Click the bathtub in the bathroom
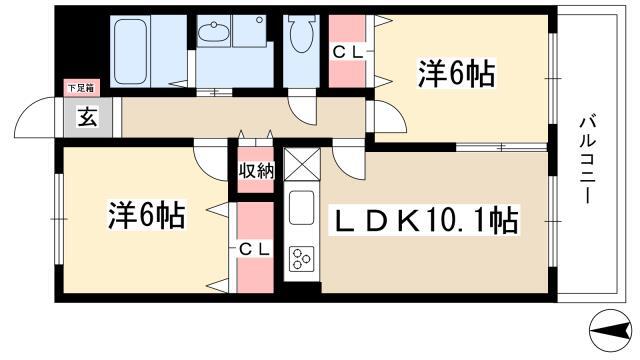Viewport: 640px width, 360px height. [130, 51]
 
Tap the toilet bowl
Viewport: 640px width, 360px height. [302, 34]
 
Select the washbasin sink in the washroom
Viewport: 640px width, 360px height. [213, 31]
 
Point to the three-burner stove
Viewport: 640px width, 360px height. [302, 259]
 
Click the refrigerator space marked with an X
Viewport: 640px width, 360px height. [302, 164]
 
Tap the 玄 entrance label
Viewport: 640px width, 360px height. [88, 118]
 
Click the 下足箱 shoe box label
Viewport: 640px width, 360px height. [81, 88]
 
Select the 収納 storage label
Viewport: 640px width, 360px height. [256, 171]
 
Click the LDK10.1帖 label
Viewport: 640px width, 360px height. [425, 220]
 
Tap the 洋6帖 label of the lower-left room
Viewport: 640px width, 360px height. [147, 215]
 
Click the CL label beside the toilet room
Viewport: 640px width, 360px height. [348, 52]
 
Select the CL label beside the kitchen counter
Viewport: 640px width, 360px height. [254, 249]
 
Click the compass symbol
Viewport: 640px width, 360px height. [611, 330]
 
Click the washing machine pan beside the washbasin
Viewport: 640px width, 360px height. [249, 31]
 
